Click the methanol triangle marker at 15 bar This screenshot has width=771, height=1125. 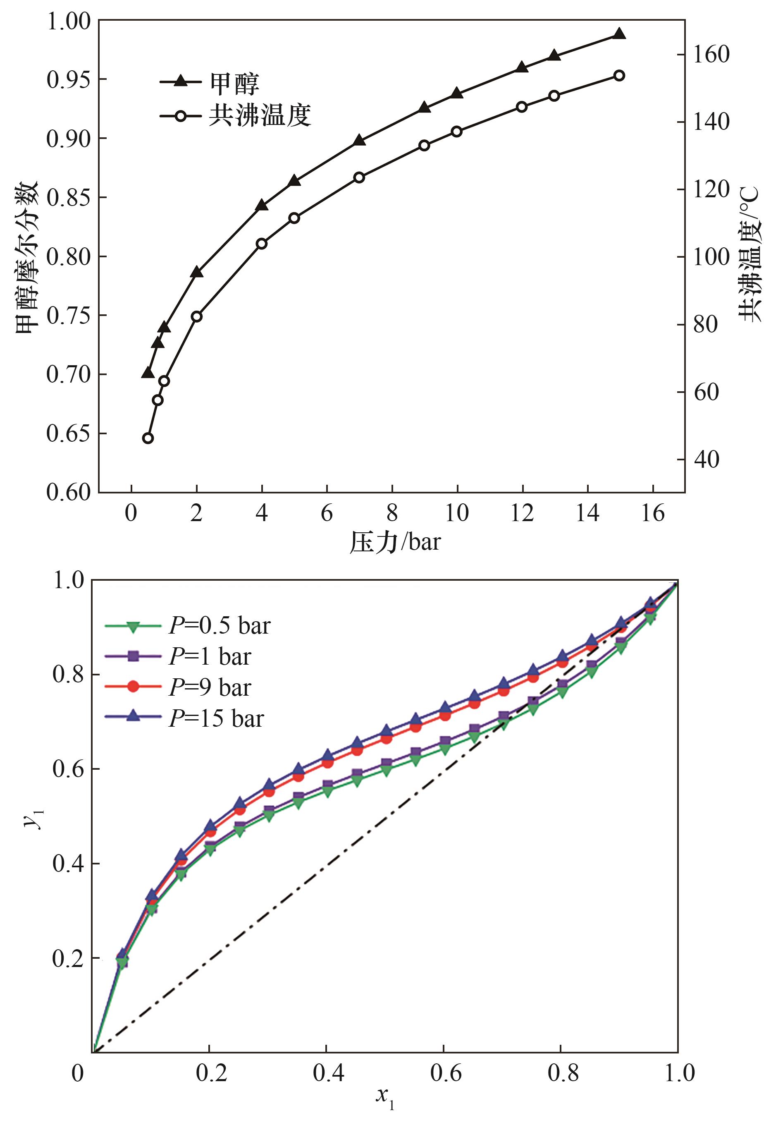[x=619, y=34]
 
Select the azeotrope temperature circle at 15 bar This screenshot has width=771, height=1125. [x=619, y=76]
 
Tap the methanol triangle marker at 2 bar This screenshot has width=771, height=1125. [x=196, y=272]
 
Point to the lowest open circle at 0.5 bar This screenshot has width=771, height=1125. [x=148, y=438]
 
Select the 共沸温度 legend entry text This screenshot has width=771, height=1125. [x=260, y=116]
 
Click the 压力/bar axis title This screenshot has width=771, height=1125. [x=395, y=542]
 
